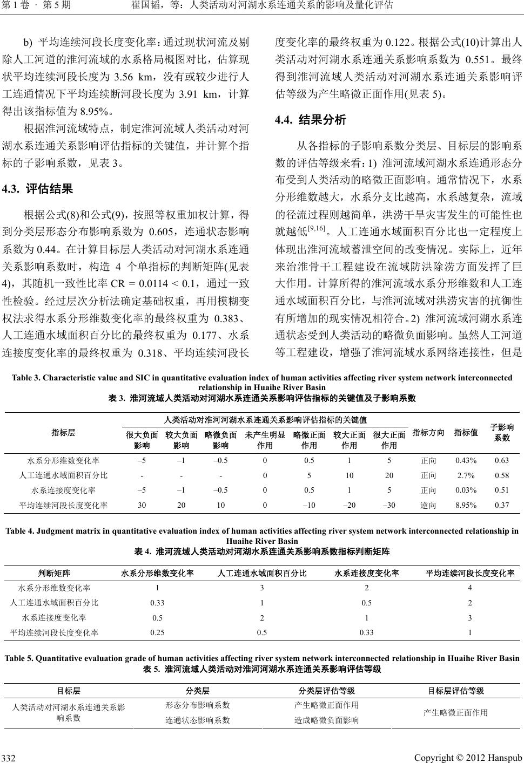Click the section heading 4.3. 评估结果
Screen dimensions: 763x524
(38, 189)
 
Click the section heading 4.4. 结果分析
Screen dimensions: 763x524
(310, 120)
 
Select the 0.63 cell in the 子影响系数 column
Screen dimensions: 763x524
(502, 460)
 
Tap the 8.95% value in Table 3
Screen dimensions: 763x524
(465, 506)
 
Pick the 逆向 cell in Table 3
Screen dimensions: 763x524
(428, 506)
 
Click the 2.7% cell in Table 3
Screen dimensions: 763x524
(465, 475)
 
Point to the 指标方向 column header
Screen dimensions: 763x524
(428, 432)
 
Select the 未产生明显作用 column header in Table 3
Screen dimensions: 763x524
(265, 440)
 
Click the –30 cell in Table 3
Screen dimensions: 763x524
(388, 506)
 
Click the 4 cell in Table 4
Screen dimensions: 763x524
(469, 588)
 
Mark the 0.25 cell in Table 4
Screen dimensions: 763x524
(157, 632)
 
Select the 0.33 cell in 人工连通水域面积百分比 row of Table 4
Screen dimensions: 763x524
(157, 603)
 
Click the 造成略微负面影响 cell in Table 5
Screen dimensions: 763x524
(326, 720)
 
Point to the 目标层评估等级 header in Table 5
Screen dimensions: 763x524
(455, 691)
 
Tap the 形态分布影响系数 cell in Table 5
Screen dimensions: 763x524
(198, 705)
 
